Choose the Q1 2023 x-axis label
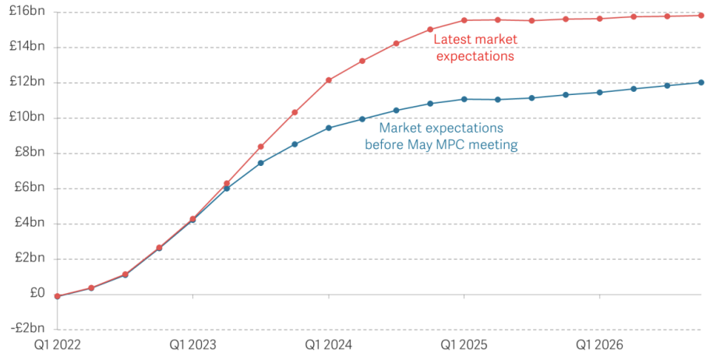193,344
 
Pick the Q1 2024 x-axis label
329,344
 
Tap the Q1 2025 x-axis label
464,344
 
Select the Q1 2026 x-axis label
600,344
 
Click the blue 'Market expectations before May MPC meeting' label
441,136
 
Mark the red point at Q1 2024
329,80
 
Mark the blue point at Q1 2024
329,128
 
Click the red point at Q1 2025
464,20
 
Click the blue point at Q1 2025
464,99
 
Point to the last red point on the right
701,16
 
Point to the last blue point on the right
701,83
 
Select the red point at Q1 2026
600,19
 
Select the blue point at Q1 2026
600,92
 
